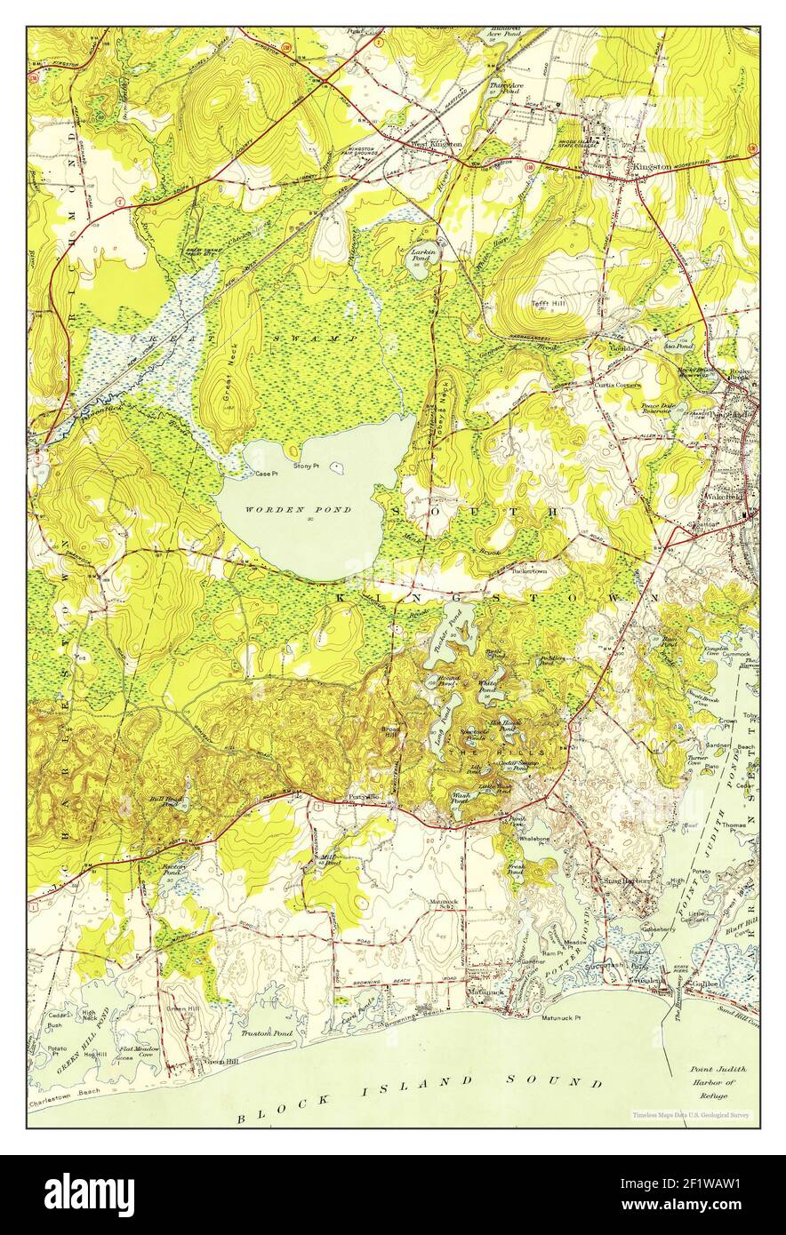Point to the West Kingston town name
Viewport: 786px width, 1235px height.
(435, 143)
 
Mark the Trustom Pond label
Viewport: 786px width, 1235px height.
(267, 1033)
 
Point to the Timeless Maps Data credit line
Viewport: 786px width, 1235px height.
(693, 1114)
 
